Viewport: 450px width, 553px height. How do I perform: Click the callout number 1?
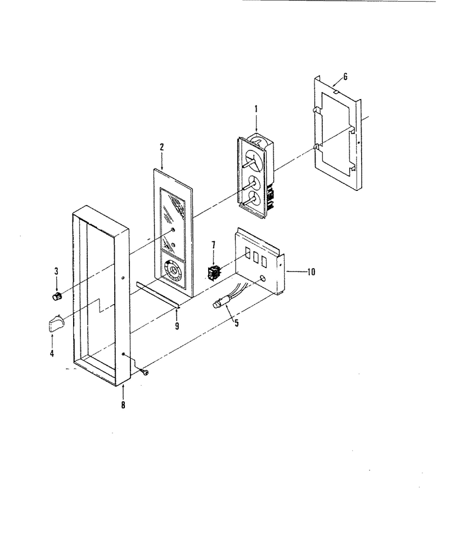pyautogui.click(x=256, y=109)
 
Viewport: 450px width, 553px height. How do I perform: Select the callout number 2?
pyautogui.click(x=162, y=147)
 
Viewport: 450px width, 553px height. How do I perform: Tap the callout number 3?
pyautogui.click(x=56, y=271)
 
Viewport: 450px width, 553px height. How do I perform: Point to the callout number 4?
pyautogui.click(x=52, y=354)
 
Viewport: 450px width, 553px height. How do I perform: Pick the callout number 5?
pyautogui.click(x=236, y=322)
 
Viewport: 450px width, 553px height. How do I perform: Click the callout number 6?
pyautogui.click(x=345, y=77)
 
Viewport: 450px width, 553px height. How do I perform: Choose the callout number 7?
pyautogui.click(x=213, y=245)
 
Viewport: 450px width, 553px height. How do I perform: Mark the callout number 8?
pyautogui.click(x=123, y=405)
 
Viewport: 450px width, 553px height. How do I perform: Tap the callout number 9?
pyautogui.click(x=177, y=326)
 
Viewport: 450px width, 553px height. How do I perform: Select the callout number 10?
pyautogui.click(x=311, y=272)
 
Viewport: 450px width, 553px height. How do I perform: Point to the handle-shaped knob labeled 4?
pyautogui.click(x=55, y=323)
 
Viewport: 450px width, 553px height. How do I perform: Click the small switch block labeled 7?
pyautogui.click(x=214, y=274)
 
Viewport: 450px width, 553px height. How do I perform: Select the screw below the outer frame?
pyautogui.click(x=145, y=372)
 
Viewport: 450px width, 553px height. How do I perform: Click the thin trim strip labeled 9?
pyautogui.click(x=158, y=295)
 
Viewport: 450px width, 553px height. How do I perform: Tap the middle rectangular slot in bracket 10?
pyautogui.click(x=255, y=257)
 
